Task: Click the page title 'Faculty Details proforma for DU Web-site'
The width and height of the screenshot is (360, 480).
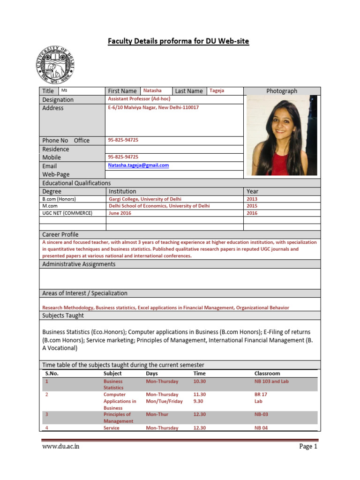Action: point(179,41)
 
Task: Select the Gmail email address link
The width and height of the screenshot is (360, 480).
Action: point(138,165)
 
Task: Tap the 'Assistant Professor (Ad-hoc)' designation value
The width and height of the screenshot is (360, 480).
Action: point(139,99)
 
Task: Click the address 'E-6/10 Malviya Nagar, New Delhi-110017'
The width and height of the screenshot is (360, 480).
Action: point(153,107)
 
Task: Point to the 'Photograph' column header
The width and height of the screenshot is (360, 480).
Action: point(282,91)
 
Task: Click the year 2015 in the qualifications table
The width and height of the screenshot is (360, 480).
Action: point(252,206)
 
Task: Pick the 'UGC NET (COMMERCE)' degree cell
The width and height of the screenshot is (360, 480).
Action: point(67,213)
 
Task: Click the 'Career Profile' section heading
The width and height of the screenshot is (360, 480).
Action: point(60,234)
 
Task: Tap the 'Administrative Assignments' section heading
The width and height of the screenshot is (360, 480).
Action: point(78,264)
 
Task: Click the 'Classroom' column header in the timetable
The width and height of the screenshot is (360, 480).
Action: point(267,374)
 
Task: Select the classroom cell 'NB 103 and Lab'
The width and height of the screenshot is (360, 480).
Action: point(271,382)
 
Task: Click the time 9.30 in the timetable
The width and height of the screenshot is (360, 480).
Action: point(199,401)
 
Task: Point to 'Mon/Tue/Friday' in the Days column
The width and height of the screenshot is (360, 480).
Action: point(164,401)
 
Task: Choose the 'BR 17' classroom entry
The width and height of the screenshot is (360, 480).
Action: point(261,395)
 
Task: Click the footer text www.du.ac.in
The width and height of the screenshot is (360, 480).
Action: point(60,446)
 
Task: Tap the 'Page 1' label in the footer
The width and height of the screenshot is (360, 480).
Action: point(308,446)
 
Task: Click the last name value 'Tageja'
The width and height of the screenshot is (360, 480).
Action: point(217,90)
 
